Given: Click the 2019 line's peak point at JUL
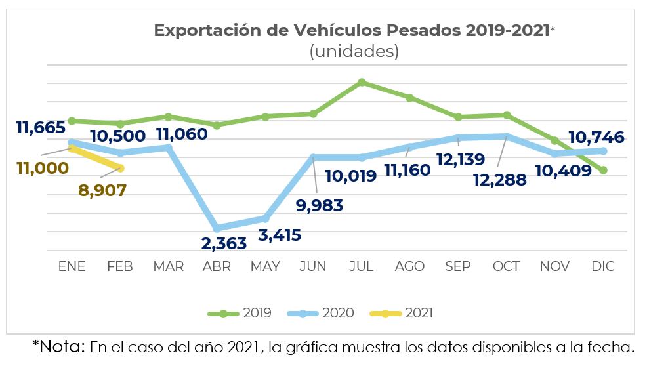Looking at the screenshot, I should (x=362, y=82).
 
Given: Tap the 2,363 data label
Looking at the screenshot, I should (x=224, y=243).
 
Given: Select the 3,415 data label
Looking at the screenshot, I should (x=279, y=234).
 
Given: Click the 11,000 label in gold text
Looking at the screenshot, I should (x=41, y=168).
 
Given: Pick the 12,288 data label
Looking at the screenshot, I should (x=501, y=179).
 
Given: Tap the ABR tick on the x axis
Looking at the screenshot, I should (x=217, y=266).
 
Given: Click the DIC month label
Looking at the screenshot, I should (x=603, y=266).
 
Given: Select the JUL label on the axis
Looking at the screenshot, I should (x=362, y=266).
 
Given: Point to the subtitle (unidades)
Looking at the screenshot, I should (x=354, y=52).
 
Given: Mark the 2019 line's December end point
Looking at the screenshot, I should (x=603, y=171).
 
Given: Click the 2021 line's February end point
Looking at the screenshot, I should (x=121, y=168).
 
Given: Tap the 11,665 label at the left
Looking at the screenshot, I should (x=41, y=127).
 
